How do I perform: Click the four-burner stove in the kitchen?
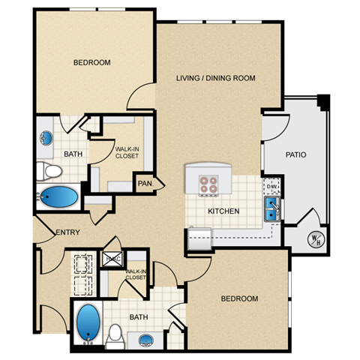(208, 183)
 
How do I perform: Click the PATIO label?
(295, 155)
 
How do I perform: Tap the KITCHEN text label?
(224, 211)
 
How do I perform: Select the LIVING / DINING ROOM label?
(216, 78)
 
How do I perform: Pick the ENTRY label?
(67, 232)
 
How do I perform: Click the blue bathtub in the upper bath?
(58, 198)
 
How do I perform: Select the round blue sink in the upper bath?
(46, 138)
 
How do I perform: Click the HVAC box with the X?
(112, 259)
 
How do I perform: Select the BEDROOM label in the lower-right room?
(239, 298)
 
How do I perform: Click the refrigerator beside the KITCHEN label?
(200, 238)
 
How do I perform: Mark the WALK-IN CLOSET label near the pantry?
(127, 153)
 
